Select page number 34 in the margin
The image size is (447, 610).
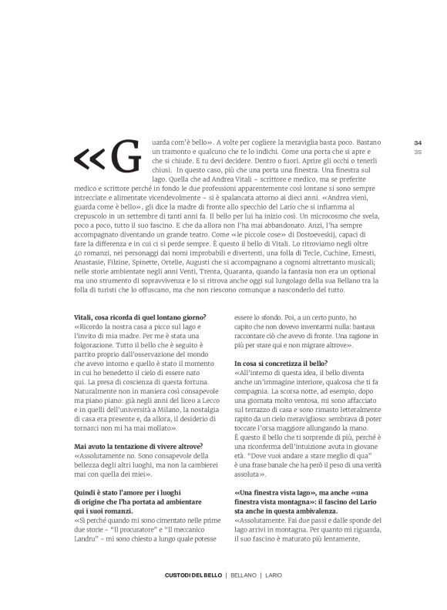coord(397,142)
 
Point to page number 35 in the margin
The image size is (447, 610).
coord(397,152)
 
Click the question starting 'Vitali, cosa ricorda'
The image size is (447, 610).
coord(139,317)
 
